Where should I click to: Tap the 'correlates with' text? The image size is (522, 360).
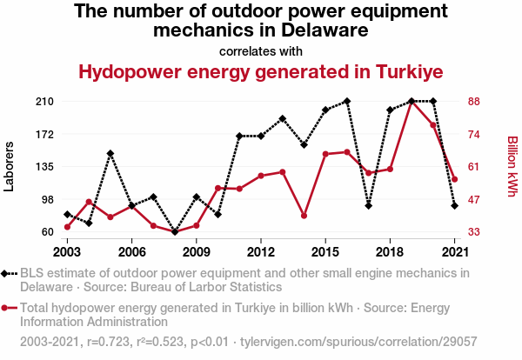pos(261,50)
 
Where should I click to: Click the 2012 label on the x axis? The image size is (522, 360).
pos(261,251)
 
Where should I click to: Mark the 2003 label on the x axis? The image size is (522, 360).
pos(67,251)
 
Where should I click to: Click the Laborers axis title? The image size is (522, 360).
pos(10,166)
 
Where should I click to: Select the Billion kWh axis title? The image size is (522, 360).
pos(512,166)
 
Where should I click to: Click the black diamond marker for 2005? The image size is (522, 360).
pos(110,154)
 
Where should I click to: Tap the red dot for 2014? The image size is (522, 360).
pos(304,216)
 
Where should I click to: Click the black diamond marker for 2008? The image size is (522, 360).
pos(175,232)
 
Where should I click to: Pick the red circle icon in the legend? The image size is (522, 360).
pos(9,308)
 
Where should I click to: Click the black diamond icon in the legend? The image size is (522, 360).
pos(9,273)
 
